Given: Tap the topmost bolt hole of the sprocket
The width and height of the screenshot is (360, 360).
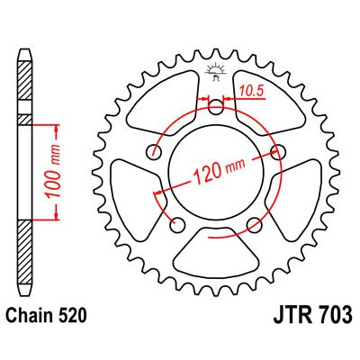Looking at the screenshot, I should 215,109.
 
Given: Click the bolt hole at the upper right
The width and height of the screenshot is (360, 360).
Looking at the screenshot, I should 277,150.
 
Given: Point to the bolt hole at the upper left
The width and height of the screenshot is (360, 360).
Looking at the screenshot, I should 155,150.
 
